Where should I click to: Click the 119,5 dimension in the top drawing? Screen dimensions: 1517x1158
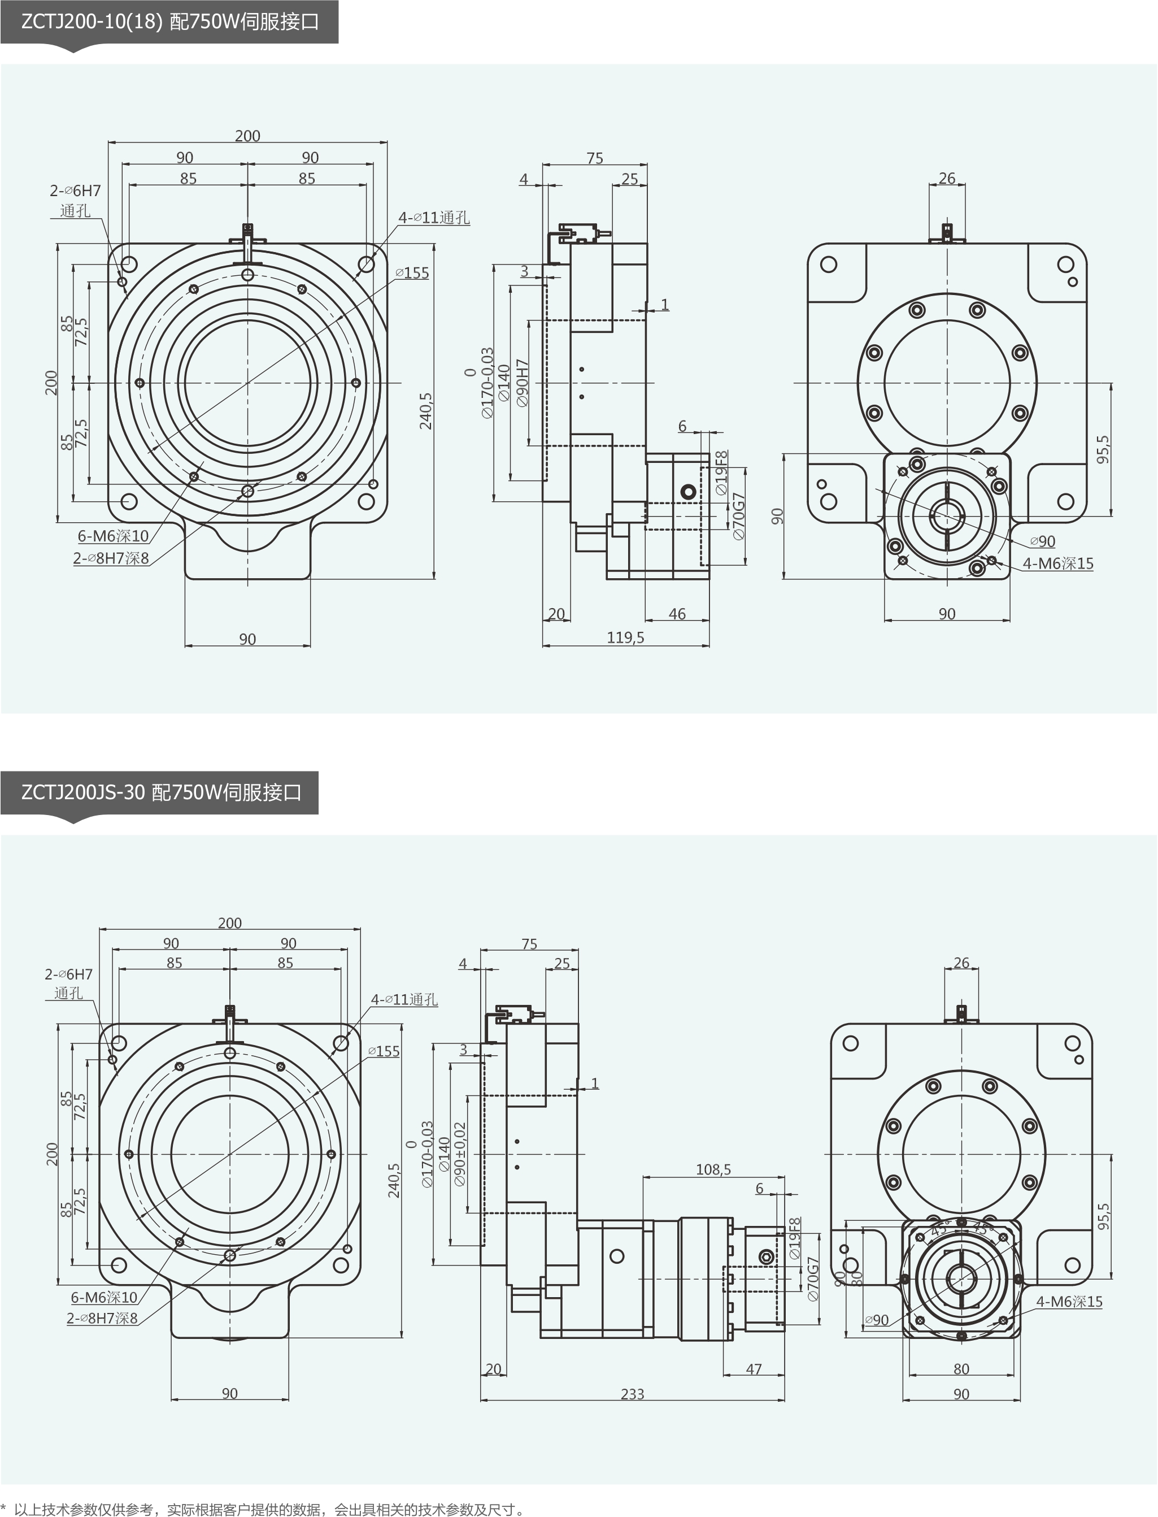click(x=625, y=638)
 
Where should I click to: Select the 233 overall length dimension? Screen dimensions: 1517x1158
click(x=632, y=1394)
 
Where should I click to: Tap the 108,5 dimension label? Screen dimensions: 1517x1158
click(x=713, y=1169)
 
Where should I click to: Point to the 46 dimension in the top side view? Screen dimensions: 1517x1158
click(x=677, y=614)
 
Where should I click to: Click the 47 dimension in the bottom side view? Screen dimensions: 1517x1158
click(x=754, y=1369)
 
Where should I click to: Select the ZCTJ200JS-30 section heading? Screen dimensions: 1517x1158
click(x=160, y=792)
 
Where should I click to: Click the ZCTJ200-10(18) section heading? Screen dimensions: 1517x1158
click(x=169, y=22)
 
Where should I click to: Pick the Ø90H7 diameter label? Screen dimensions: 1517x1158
click(x=523, y=383)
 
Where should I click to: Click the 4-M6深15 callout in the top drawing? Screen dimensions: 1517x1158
click(x=1058, y=564)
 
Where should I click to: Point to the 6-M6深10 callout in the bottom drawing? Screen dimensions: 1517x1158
click(x=104, y=1297)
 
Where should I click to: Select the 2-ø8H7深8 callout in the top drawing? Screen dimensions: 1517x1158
click(x=111, y=558)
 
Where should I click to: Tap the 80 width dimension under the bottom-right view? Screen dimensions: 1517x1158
click(x=961, y=1369)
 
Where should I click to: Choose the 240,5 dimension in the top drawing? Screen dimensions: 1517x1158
click(x=426, y=411)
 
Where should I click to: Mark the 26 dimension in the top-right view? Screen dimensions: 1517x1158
click(x=947, y=178)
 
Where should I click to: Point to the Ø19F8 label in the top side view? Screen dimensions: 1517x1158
click(x=721, y=473)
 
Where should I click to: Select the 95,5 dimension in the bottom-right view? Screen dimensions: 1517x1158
click(x=1104, y=1216)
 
